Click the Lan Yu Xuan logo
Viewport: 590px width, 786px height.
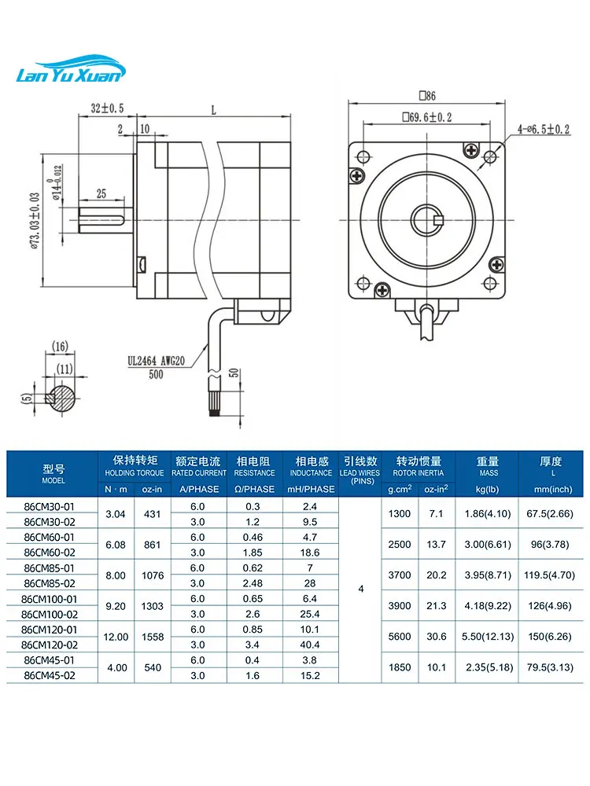tap(71, 69)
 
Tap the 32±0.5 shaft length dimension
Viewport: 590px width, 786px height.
tap(107, 108)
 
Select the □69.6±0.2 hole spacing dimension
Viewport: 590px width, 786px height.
tap(427, 117)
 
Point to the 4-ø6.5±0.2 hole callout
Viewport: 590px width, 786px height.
tap(544, 130)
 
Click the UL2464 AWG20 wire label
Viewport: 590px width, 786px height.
tap(156, 361)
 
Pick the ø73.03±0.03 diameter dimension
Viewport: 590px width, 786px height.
tap(35, 221)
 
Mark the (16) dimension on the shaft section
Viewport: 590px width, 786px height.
tap(60, 347)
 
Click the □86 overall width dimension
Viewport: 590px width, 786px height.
tap(427, 95)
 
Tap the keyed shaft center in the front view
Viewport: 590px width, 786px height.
tap(427, 219)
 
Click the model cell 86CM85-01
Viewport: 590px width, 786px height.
tap(49, 568)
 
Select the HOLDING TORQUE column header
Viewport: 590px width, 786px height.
tap(135, 472)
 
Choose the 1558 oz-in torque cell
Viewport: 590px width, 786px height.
tap(153, 637)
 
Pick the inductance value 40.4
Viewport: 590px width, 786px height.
tap(310, 645)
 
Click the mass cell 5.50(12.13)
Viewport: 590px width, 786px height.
tap(488, 637)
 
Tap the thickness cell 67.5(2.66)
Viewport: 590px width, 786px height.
tap(550, 514)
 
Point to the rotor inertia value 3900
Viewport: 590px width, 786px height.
tap(400, 606)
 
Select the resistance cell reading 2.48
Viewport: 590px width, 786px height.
tap(253, 583)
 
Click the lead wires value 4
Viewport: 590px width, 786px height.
tap(361, 589)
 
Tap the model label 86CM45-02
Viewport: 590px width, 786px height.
tap(49, 676)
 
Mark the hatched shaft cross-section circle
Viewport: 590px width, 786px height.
tap(61, 398)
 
